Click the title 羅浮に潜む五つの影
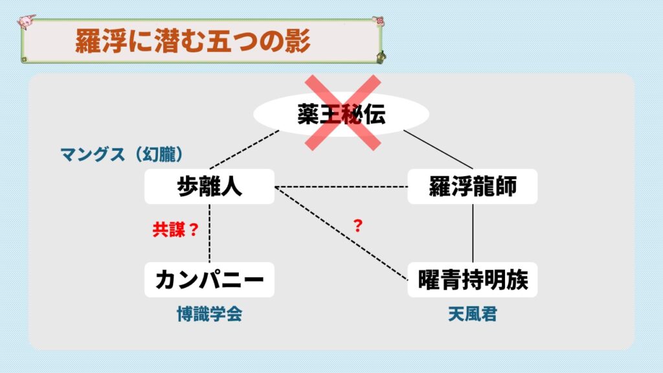193,41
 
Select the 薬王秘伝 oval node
341,114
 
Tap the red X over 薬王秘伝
343,113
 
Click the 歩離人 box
209,186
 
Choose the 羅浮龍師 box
472,186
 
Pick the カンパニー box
209,280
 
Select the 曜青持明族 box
472,280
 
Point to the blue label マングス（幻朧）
122,154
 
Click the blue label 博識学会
209,314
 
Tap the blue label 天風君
472,314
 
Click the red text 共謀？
175,229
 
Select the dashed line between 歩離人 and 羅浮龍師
341,186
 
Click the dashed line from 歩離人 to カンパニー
209,233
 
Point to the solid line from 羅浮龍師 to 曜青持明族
473,233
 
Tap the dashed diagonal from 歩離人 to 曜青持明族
341,233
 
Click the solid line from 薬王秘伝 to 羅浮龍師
438,150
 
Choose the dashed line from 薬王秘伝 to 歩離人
244,150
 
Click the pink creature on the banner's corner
26,21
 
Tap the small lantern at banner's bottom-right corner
381,57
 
